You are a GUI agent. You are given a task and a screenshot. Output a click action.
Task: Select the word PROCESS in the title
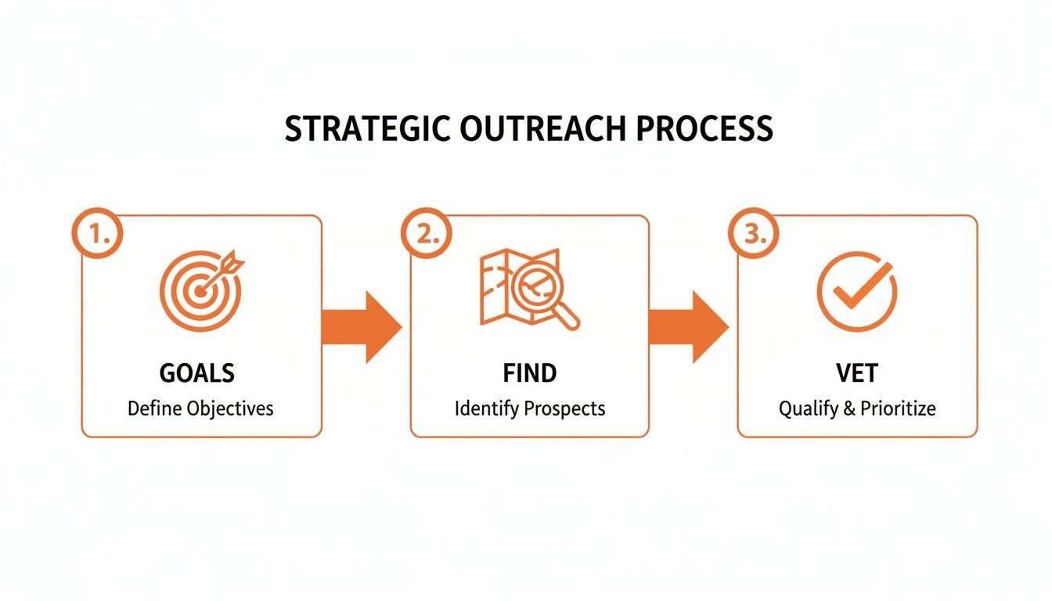pos(704,129)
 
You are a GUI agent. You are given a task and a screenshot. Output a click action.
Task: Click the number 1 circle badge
pos(98,233)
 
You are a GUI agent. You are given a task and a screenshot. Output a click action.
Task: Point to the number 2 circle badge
pos(426,233)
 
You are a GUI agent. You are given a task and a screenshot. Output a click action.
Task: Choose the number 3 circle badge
pos(753,233)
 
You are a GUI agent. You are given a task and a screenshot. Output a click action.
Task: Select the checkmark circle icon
pos(857,292)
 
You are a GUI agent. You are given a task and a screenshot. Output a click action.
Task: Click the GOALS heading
pos(197,373)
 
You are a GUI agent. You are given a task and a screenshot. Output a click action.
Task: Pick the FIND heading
pos(530,373)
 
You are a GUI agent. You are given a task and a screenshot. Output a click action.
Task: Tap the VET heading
pos(857,373)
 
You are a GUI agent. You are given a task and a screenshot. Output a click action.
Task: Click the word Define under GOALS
pos(154,408)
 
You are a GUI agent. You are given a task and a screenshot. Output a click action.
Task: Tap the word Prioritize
pos(898,408)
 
